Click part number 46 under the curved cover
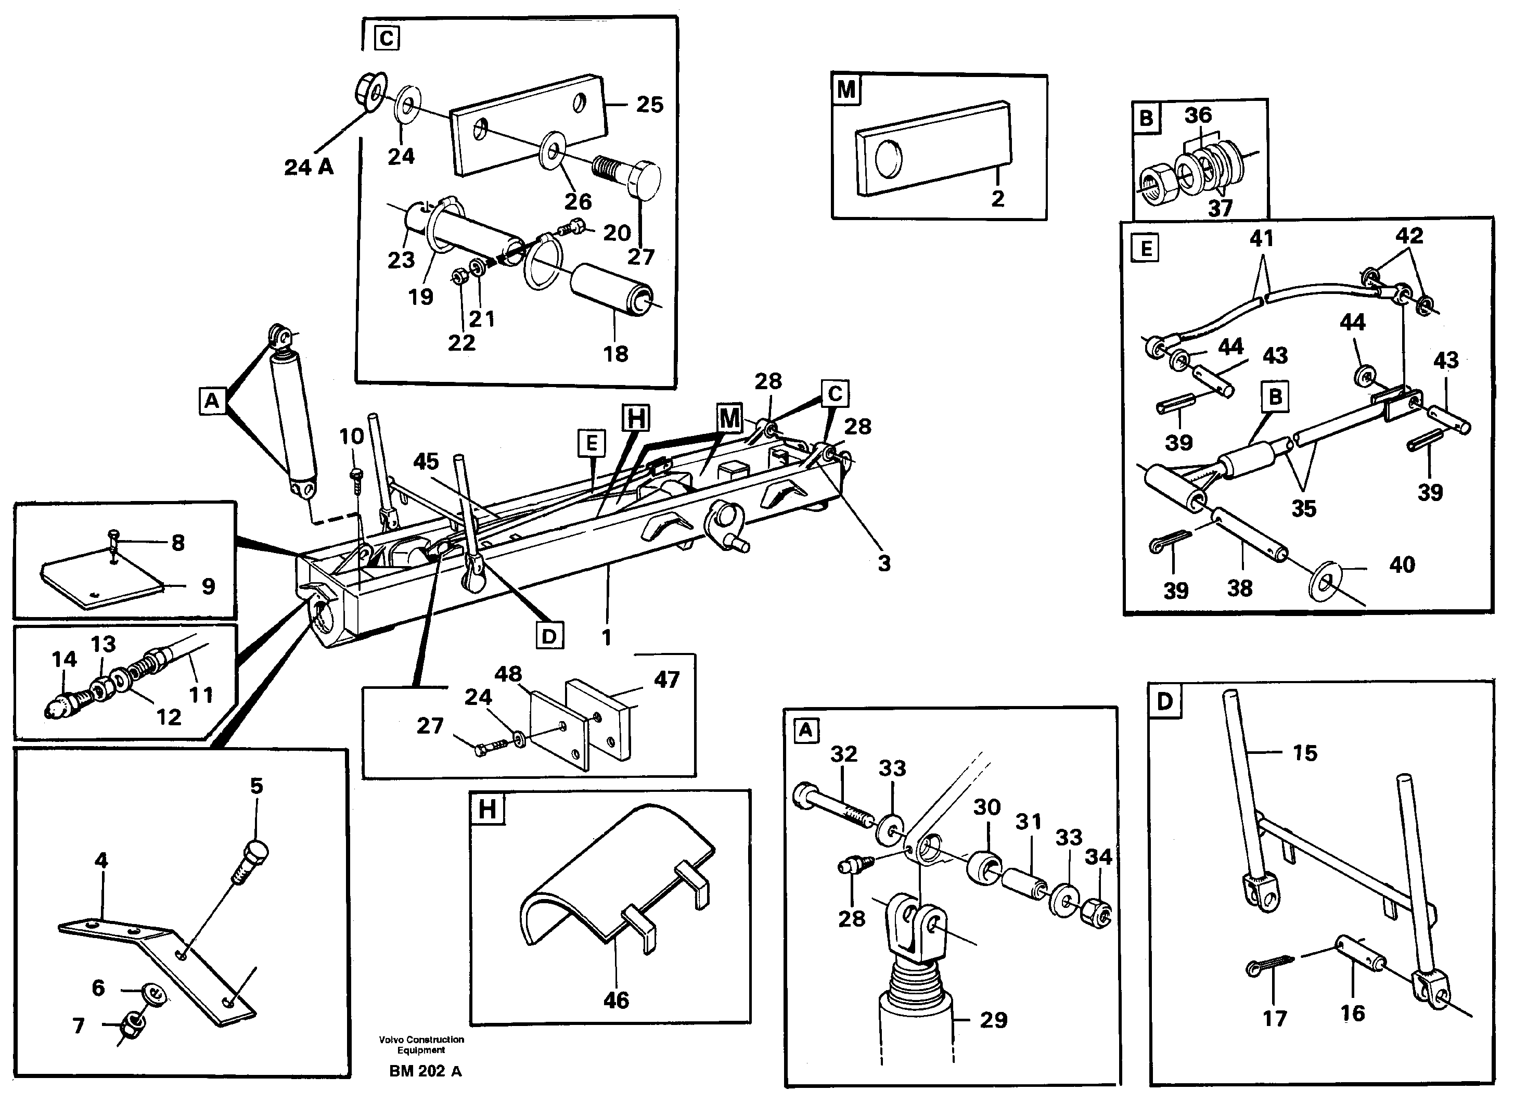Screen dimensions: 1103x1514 coord(615,999)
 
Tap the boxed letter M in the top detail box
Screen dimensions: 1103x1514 coord(846,89)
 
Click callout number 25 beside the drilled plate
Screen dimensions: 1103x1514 coord(649,105)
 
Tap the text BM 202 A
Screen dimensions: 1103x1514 coord(425,1071)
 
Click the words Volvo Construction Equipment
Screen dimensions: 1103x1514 coord(421,1044)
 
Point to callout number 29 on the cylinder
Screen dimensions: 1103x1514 coord(993,1020)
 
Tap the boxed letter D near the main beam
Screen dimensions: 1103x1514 coord(549,636)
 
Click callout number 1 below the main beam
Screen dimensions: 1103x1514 coord(606,638)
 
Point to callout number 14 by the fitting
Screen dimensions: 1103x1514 coord(64,659)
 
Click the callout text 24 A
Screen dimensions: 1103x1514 coord(309,167)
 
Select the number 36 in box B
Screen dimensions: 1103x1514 coord(1198,115)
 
